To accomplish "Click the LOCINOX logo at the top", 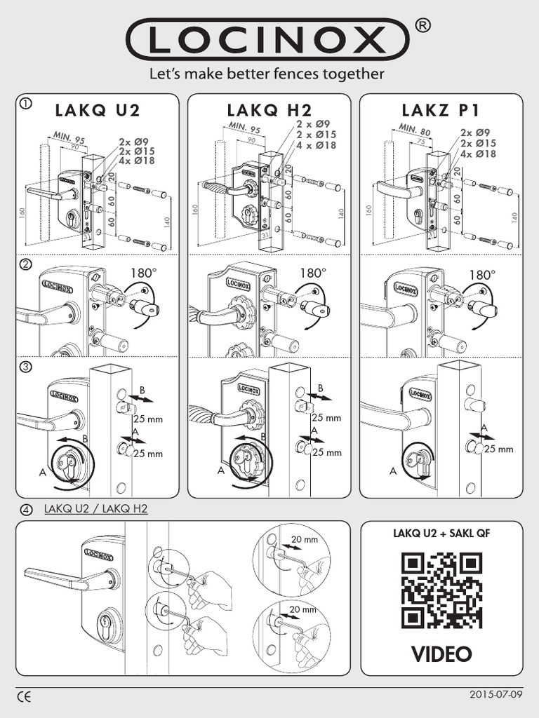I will point(269,41).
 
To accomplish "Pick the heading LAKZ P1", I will point(441,110).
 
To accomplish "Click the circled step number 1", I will point(25,104).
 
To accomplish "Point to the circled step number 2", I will point(25,265).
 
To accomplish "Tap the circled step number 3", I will point(25,367).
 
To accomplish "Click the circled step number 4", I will point(27,509).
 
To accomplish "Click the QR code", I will point(442,590).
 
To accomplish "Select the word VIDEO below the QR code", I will point(441,653).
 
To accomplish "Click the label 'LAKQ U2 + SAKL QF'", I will point(442,534).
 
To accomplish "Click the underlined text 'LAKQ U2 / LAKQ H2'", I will point(95,508).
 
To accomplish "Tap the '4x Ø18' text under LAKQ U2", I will point(137,161).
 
